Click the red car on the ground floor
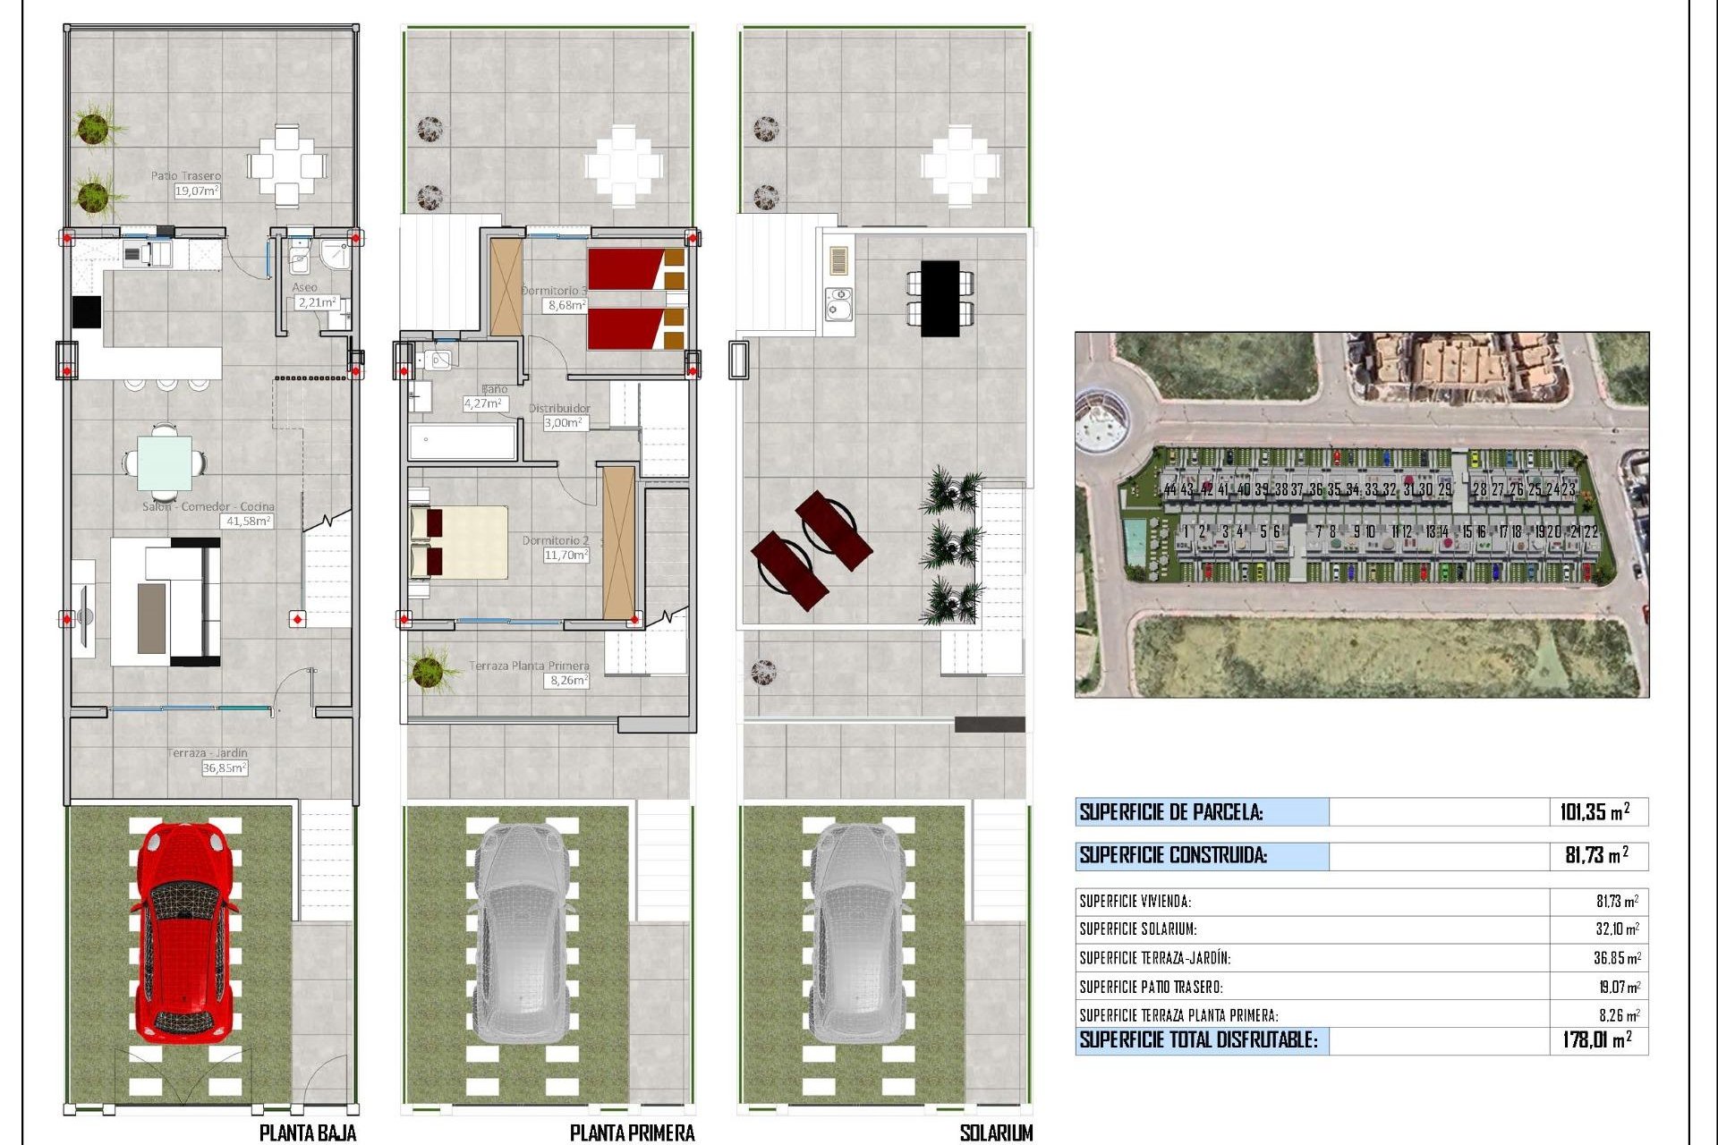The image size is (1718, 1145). point(184,930)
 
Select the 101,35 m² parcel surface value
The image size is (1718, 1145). point(1595,812)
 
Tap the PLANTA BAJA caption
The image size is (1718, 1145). point(308,1133)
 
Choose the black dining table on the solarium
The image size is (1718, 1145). point(940,298)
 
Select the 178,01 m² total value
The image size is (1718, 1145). point(1597,1039)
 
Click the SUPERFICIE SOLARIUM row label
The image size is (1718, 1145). point(1138,929)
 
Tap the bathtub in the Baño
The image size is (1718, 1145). point(463,442)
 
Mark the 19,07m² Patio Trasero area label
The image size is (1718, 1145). point(197,191)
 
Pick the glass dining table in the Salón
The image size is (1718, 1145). point(165,462)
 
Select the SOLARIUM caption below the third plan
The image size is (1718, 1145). point(996,1133)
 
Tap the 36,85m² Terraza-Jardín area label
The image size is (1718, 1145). point(224,768)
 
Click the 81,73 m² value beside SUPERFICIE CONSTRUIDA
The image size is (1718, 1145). point(1596,855)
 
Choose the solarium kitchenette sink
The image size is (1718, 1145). point(839,304)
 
